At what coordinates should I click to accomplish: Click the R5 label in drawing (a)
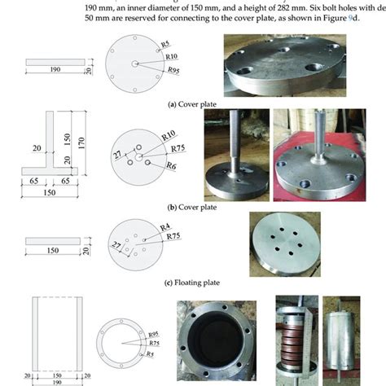[164, 42]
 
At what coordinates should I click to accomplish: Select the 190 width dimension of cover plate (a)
[55, 71]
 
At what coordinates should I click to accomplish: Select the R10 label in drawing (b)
[169, 134]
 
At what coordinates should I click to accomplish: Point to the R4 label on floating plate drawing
[164, 226]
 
